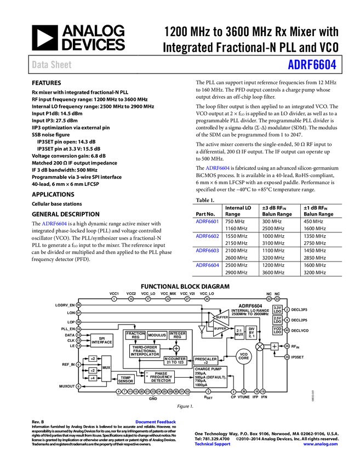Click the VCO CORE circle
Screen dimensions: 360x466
click(244, 356)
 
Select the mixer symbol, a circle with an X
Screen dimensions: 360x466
click(260, 346)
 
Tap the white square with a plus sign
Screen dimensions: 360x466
click(275, 346)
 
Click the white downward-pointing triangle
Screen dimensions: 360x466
click(202, 329)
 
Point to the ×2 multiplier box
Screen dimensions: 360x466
click(93, 359)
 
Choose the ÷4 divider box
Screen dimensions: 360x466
click(93, 378)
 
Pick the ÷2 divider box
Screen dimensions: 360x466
click(93, 371)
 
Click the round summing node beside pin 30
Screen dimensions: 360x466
click(176, 349)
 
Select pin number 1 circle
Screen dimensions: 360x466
click(114, 299)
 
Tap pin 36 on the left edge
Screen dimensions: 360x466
click(78, 305)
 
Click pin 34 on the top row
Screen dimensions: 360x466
click(207, 299)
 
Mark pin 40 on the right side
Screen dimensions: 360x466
click(287, 330)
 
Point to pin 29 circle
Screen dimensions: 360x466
click(287, 357)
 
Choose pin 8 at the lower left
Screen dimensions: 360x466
click(78, 387)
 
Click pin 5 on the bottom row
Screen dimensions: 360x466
click(208, 391)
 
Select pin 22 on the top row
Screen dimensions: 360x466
click(168, 299)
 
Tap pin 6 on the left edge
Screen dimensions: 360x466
click(78, 365)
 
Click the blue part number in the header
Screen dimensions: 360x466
click(312, 65)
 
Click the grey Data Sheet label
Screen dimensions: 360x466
click(52, 65)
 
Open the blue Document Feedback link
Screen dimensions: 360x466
click(156, 422)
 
